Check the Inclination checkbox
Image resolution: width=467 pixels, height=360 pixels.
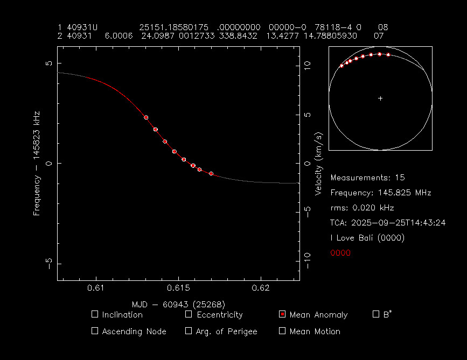[95, 314]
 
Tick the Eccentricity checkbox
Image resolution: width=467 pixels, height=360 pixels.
[189, 314]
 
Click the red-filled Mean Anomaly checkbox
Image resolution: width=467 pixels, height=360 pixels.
[282, 314]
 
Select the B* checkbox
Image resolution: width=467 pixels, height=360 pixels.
[376, 314]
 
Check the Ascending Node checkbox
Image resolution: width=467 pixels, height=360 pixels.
[95, 331]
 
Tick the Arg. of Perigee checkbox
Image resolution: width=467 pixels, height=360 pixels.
[189, 331]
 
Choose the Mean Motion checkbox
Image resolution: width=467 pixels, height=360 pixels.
[282, 331]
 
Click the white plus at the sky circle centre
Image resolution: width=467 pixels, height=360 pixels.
[380, 98]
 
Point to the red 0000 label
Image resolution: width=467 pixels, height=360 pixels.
[340, 252]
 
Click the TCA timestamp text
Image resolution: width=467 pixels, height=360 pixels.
[387, 222]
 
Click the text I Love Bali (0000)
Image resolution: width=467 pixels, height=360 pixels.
[367, 237]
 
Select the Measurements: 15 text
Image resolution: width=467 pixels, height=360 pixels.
[367, 177]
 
